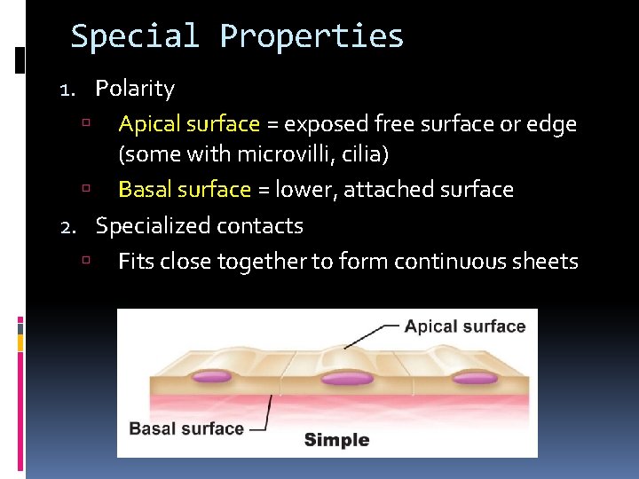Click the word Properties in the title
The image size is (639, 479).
point(312,36)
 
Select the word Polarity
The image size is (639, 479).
point(135,89)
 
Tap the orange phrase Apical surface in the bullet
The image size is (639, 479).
point(189,124)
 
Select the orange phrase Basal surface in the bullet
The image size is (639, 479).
point(185,190)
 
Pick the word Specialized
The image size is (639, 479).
point(146,226)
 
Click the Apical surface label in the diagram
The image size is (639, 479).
point(464,326)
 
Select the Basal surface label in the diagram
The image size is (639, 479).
point(186,428)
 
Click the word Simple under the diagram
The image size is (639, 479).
point(336,440)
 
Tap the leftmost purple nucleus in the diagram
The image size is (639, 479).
point(210,377)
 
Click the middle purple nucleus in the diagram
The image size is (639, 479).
point(347,379)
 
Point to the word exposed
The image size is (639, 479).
point(319,124)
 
